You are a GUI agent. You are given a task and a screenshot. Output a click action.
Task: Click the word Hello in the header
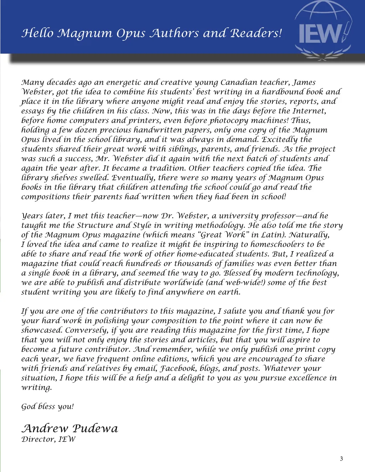[x=37, y=33]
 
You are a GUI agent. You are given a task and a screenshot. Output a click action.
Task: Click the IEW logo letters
[x=320, y=34]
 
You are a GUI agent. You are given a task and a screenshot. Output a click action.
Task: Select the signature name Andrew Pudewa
[x=70, y=428]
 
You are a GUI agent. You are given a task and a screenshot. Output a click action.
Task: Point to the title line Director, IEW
[x=48, y=439]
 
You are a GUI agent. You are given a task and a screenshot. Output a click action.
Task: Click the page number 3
[x=341, y=459]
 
